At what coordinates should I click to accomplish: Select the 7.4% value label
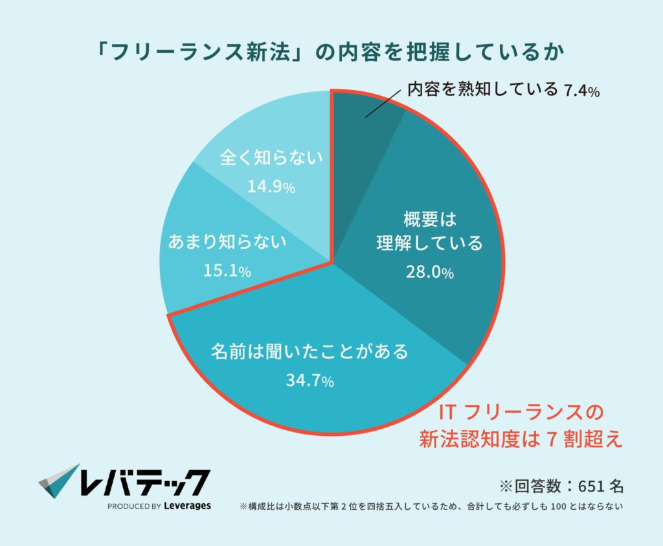click(x=581, y=91)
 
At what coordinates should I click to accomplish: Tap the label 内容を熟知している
click(x=482, y=90)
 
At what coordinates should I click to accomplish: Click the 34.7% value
click(x=309, y=381)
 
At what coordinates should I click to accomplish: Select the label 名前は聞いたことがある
click(x=310, y=352)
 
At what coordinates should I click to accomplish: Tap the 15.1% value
click(x=227, y=271)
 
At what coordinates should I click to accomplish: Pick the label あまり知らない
click(x=227, y=243)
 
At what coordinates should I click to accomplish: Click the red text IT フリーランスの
click(x=521, y=413)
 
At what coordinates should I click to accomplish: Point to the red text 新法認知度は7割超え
click(x=521, y=440)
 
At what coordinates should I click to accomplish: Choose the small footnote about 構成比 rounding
click(x=431, y=506)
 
